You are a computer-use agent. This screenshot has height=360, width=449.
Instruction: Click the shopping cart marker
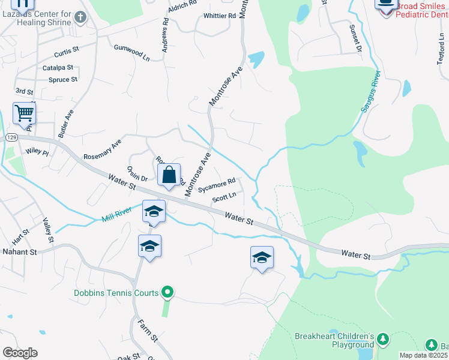point(23,113)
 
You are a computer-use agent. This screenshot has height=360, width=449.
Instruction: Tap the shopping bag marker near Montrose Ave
point(169,175)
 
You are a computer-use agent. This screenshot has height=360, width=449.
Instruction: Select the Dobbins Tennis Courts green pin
point(168,292)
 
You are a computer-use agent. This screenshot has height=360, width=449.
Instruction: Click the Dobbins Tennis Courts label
point(116,293)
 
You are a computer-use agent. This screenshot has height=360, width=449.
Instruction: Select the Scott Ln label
point(224,196)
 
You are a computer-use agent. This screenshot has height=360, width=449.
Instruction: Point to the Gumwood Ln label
point(132,52)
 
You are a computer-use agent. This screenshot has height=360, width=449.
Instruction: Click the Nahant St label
point(19,251)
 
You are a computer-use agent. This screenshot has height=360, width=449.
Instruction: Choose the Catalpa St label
point(58,68)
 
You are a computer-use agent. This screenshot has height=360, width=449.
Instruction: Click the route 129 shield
point(11,138)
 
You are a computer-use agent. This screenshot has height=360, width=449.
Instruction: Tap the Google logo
point(20,353)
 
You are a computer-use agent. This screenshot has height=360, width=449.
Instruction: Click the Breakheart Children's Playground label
point(334,340)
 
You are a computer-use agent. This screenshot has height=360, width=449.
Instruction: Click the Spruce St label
point(63,79)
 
